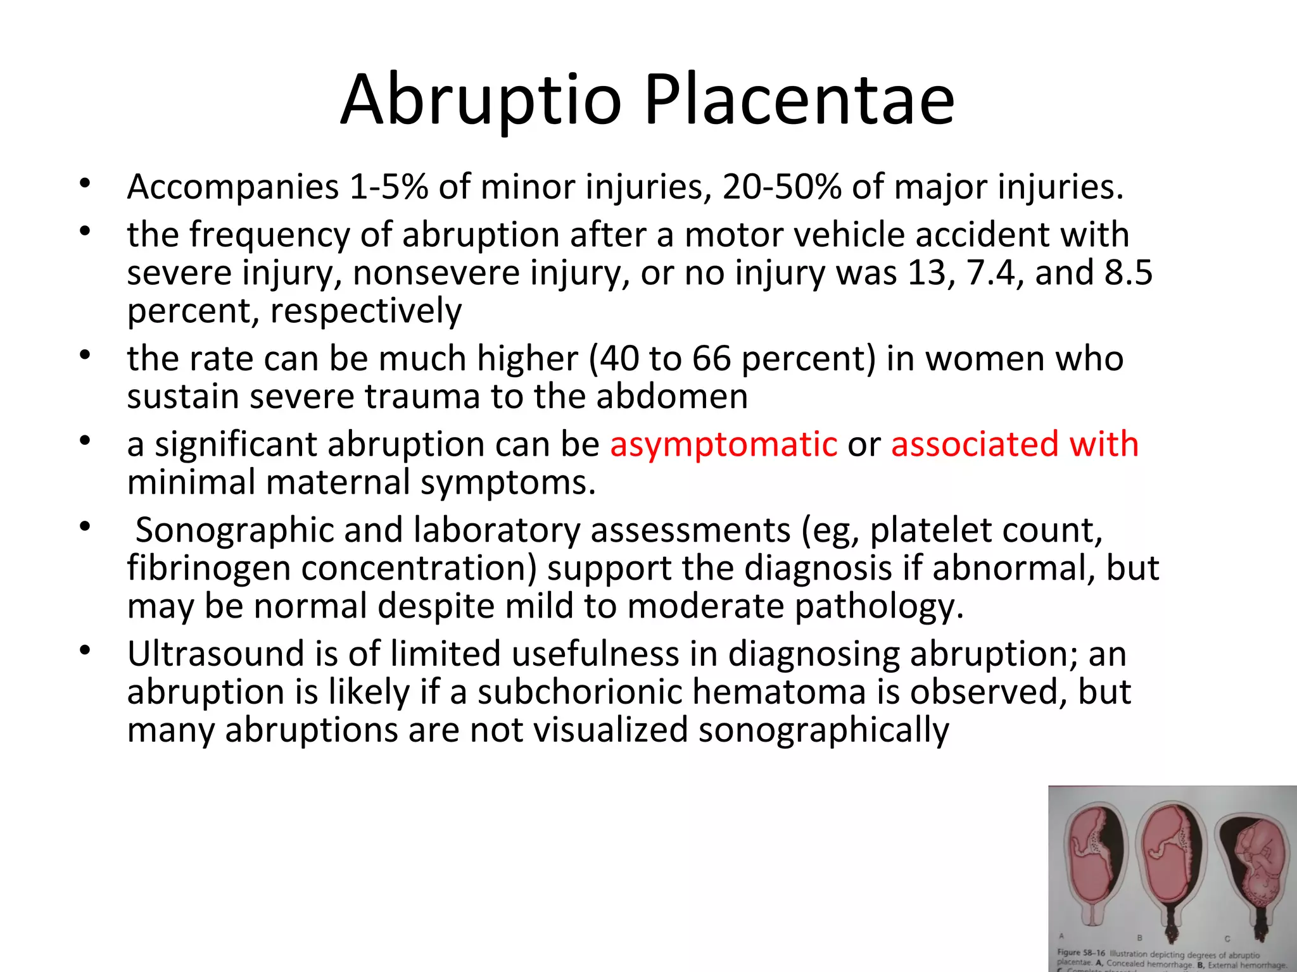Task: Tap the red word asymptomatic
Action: pos(723,444)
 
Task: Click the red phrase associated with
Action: pos(1015,444)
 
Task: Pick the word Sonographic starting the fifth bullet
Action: pos(234,530)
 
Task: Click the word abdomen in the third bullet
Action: pos(671,397)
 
